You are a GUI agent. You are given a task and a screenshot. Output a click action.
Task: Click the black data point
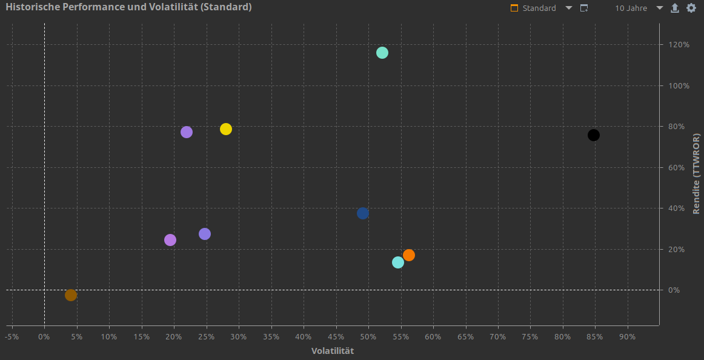tap(594, 135)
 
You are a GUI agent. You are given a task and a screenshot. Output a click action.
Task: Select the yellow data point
tap(226, 129)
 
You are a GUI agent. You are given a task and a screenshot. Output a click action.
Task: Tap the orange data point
tap(409, 255)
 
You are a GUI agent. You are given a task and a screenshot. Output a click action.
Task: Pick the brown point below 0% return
tap(71, 295)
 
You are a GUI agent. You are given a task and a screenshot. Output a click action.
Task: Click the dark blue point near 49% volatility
tap(363, 213)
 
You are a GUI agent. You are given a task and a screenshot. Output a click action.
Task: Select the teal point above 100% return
tap(382, 53)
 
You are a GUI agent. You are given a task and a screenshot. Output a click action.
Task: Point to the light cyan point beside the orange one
tap(398, 262)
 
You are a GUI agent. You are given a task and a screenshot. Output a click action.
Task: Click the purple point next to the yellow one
tap(187, 132)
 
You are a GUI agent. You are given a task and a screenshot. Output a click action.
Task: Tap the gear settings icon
tap(691, 8)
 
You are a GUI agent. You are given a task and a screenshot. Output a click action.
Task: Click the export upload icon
tap(675, 8)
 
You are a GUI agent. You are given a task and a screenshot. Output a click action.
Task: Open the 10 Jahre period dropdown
tap(639, 8)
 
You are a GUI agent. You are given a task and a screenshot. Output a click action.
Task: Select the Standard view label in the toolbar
tap(539, 8)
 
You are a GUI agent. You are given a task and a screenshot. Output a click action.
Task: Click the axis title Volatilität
tap(333, 351)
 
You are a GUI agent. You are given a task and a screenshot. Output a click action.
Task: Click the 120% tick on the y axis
tap(679, 45)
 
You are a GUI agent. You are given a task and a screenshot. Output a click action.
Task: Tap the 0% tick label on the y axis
tap(674, 290)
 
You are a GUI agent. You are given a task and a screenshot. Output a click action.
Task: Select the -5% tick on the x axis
tap(12, 336)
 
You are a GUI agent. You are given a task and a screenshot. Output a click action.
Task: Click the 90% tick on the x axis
tap(627, 336)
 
